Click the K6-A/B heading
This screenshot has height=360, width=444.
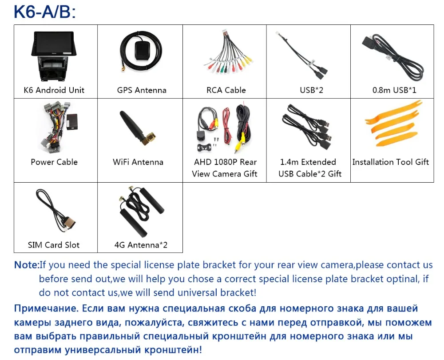point(45,12)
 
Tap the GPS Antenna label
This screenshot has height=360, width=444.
point(142,90)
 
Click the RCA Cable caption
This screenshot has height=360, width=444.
point(226,90)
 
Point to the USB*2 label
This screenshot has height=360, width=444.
point(311,90)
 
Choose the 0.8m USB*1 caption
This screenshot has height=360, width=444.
point(394,90)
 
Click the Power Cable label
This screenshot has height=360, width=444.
point(54,162)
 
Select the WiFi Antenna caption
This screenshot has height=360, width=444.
point(138,162)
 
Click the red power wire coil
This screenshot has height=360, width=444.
point(226,126)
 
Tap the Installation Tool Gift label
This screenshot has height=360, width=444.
point(390,162)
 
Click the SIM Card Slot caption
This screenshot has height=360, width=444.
point(54,245)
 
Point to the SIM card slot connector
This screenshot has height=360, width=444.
point(69,223)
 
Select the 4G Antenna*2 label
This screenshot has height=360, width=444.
point(141,245)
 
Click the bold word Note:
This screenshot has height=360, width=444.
point(26,265)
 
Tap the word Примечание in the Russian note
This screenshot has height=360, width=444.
point(46,308)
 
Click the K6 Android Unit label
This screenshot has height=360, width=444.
point(54,90)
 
